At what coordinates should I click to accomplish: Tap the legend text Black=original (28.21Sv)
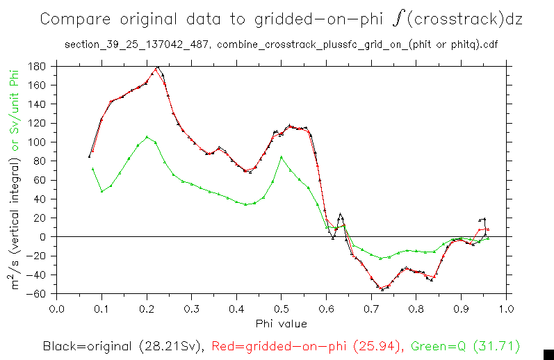[122, 345]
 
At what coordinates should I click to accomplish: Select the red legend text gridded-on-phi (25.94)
[307, 345]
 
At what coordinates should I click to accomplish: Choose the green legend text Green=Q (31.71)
[465, 345]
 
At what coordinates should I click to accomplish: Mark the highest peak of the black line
[158, 67]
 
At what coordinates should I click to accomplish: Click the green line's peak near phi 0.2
[147, 137]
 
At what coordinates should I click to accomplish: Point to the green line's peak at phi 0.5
[281, 157]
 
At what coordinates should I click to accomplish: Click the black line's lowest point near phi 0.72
[382, 289]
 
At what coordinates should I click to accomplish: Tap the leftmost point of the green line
[92, 169]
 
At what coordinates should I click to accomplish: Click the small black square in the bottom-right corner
[548, 354]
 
